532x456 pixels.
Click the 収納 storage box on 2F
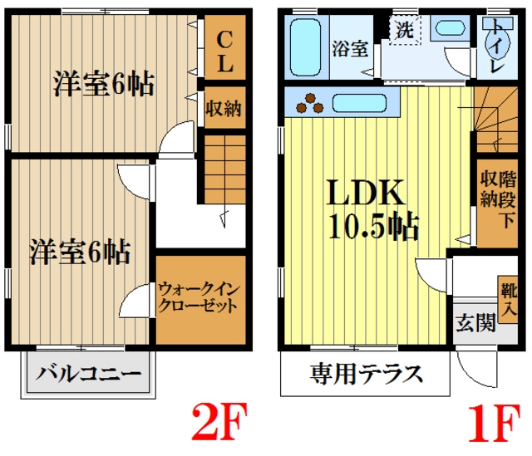pos(224,106)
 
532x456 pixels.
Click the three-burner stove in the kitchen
pos(313,105)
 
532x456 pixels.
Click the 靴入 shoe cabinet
pos(507,299)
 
